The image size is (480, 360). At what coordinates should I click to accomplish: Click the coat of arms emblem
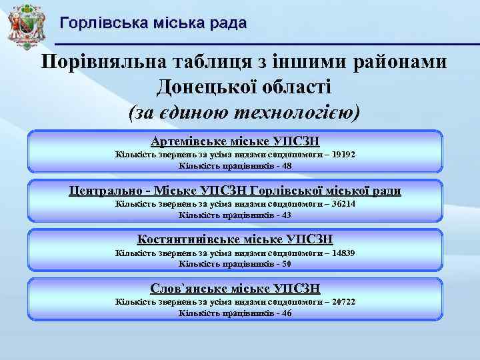coord(25,25)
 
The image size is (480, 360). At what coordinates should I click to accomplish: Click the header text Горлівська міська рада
coord(153,23)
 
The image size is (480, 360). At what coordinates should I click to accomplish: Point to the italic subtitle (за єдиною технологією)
coord(243,112)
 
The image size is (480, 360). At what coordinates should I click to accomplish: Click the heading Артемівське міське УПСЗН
coord(235,141)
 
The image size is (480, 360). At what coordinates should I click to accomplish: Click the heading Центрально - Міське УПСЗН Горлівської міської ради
coord(235,191)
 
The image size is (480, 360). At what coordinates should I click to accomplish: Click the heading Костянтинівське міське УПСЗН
coord(235,239)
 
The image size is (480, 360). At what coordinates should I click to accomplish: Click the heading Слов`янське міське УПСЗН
coord(235,289)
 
